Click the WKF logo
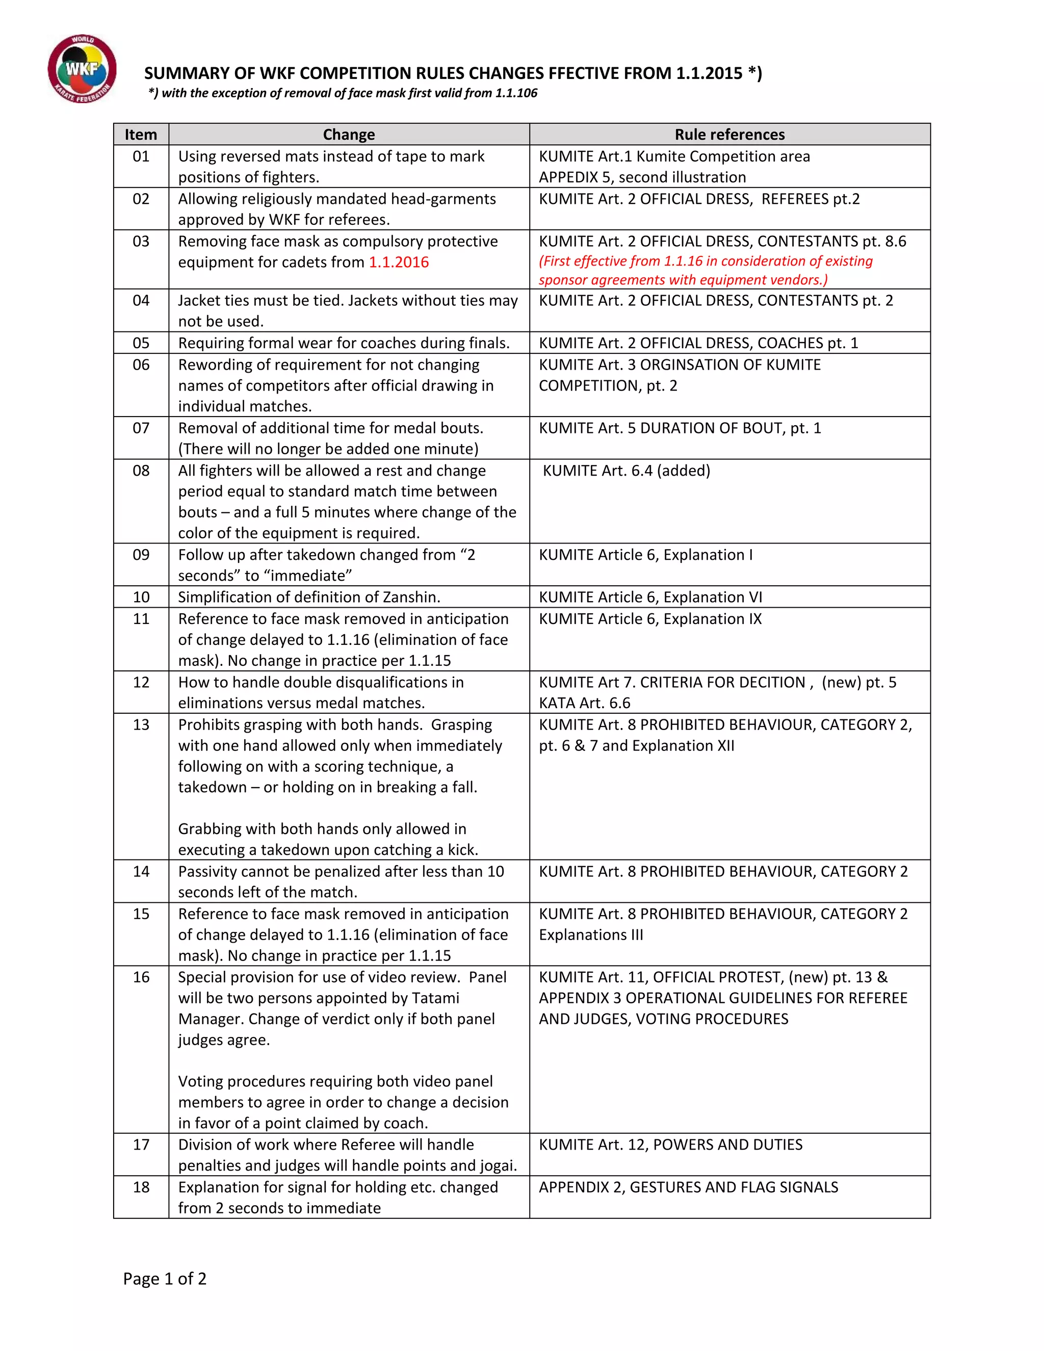[x=82, y=69]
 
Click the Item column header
[x=141, y=134]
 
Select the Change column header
[x=349, y=134]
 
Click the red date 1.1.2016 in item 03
[x=399, y=262]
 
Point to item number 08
[x=141, y=471]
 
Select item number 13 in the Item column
[x=141, y=724]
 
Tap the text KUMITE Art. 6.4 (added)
[x=626, y=471]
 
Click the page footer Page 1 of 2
[x=165, y=1279]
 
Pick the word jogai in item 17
[x=497, y=1165]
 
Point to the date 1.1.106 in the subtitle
[x=516, y=93]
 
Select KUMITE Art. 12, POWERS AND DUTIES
[x=670, y=1145]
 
